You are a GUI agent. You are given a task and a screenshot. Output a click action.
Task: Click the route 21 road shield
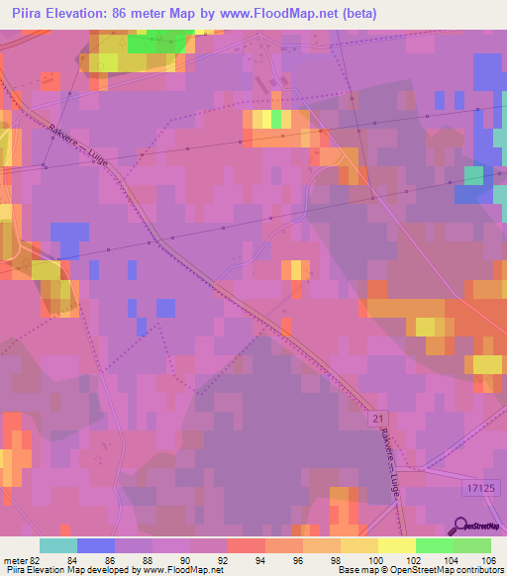point(377,421)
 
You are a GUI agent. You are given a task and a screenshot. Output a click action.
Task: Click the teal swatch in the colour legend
point(57,545)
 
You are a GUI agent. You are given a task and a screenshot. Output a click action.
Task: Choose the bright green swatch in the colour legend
point(435,545)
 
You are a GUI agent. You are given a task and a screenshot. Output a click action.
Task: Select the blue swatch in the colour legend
point(95,545)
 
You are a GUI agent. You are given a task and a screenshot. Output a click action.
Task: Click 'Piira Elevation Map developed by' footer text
point(65,570)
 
